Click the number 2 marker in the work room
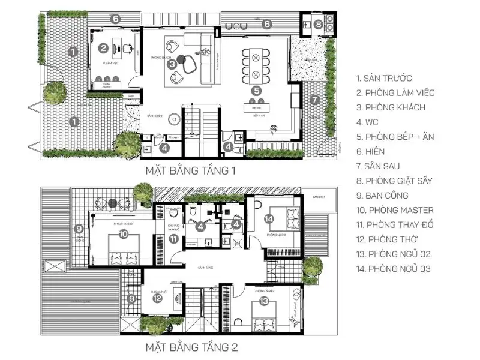(104, 48)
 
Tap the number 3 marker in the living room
(172, 62)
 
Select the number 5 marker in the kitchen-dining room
(256, 91)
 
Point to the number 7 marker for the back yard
(314, 100)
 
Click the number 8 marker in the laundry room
(319, 25)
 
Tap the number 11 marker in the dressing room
(173, 239)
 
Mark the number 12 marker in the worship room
(157, 298)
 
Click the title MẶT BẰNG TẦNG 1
(191, 171)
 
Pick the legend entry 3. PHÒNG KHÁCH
(391, 107)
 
